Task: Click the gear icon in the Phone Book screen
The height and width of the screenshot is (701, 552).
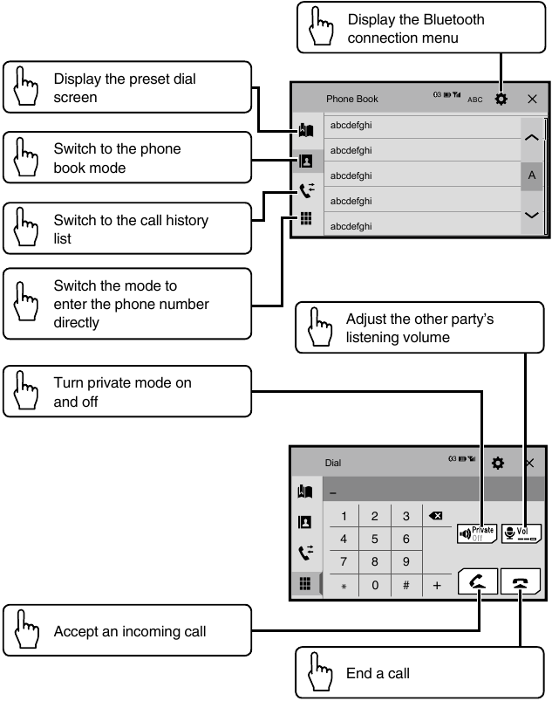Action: coord(501,99)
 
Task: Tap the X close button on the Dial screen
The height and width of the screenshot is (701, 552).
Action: coord(529,463)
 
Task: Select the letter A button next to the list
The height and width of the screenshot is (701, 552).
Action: coord(531,175)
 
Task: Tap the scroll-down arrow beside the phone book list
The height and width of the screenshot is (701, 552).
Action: coord(531,215)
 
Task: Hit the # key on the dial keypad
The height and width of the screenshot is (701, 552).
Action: coord(406,586)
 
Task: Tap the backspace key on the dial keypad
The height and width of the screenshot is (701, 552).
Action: coord(437,516)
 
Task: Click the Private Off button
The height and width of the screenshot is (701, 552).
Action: coord(476,533)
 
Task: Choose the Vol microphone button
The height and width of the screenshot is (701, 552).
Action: coord(521,533)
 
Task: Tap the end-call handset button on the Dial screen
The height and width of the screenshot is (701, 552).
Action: coord(521,582)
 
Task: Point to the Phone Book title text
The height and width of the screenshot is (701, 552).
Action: coord(352,100)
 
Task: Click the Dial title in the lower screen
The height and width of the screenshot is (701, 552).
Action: coord(333,464)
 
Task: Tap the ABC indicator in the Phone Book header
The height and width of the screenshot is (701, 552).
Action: coord(474,100)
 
